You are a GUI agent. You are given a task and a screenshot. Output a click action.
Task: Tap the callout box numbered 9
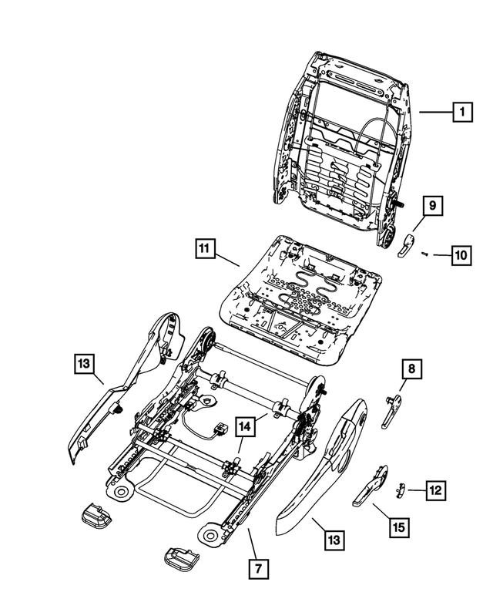pyautogui.click(x=432, y=207)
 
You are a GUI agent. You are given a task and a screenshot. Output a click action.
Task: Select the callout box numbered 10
pyautogui.click(x=460, y=255)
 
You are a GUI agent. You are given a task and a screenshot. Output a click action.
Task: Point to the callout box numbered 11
pyautogui.click(x=204, y=249)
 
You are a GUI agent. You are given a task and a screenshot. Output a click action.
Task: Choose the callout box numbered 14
pyautogui.click(x=244, y=426)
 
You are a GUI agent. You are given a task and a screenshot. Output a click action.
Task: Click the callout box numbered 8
pyautogui.click(x=412, y=372)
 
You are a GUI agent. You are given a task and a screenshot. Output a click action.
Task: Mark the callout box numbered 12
pyautogui.click(x=436, y=490)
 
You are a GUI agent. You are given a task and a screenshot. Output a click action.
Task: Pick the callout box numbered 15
pyautogui.click(x=398, y=528)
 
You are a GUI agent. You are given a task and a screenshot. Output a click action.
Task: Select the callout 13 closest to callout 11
pyautogui.click(x=86, y=362)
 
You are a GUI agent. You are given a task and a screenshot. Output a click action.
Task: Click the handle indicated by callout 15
pyautogui.click(x=373, y=486)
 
